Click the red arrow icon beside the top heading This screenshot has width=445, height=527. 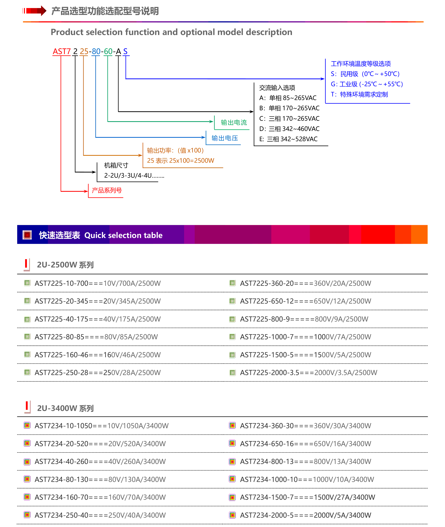(x=35, y=11)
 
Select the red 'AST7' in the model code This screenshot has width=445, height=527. (x=62, y=52)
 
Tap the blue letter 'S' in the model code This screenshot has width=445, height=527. (x=125, y=52)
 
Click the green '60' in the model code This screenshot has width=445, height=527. (x=108, y=52)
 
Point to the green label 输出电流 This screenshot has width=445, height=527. (x=234, y=122)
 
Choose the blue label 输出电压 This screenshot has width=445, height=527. (x=224, y=138)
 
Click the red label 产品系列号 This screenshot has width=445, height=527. (x=107, y=190)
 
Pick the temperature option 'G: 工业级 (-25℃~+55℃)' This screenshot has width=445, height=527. (x=367, y=84)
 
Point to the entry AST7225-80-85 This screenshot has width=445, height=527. (x=96, y=337)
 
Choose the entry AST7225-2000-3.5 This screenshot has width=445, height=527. (x=308, y=373)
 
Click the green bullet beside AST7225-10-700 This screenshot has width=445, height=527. (x=27, y=283)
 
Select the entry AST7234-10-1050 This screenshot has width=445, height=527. (x=101, y=426)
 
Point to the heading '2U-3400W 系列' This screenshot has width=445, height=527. (x=65, y=408)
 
